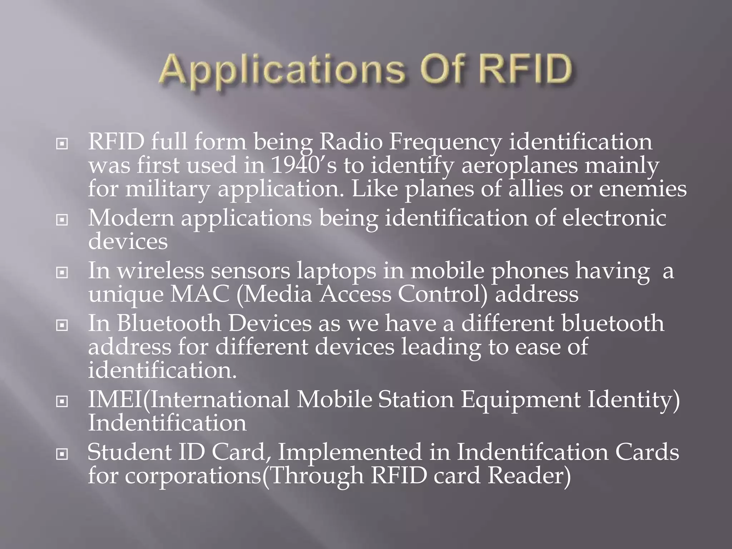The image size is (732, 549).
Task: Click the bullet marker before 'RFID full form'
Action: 62,144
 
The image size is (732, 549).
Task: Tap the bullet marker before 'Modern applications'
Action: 62,220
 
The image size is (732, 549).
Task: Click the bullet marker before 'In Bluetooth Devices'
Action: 62,325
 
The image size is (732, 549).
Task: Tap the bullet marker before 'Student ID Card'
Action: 62,454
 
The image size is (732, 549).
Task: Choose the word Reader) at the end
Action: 529,476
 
